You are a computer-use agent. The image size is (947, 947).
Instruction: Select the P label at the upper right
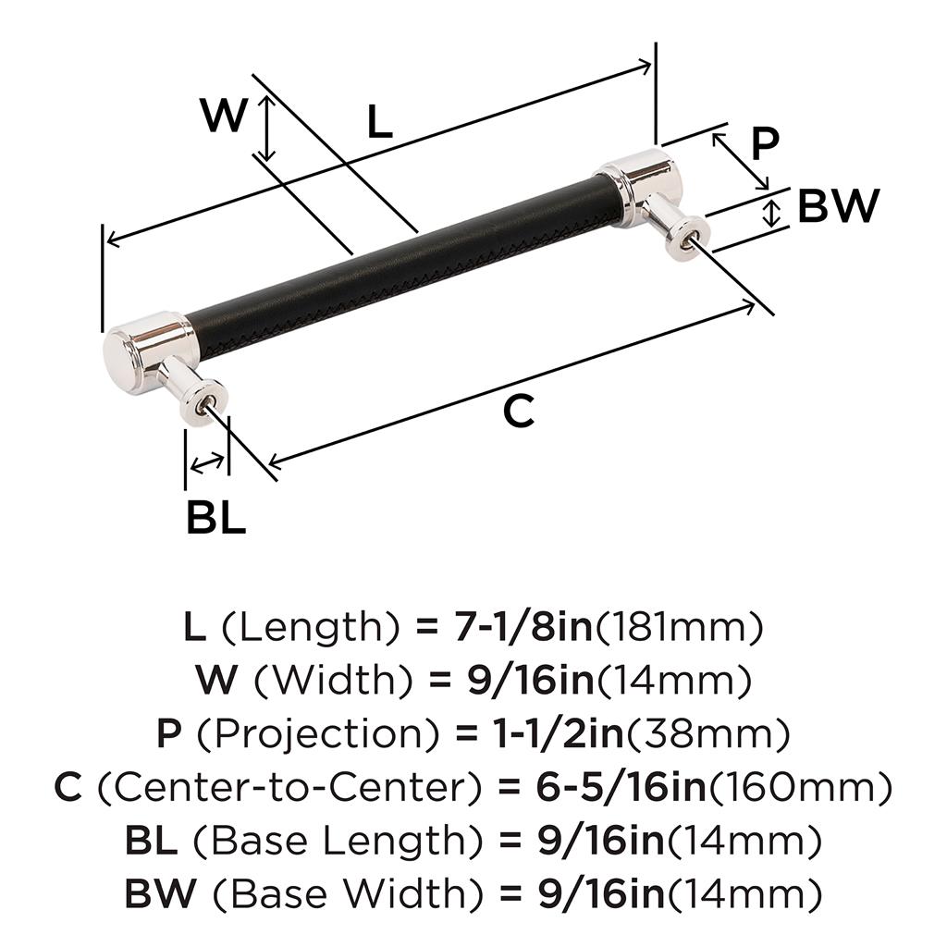click(765, 143)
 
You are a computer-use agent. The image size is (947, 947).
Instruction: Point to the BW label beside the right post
click(838, 205)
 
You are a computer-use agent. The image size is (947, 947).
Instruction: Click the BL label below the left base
click(215, 517)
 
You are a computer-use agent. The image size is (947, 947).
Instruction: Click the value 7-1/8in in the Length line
click(522, 627)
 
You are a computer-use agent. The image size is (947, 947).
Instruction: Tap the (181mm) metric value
click(680, 628)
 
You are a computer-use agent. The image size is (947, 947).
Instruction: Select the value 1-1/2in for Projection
click(559, 733)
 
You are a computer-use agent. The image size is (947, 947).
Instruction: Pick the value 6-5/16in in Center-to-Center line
click(621, 786)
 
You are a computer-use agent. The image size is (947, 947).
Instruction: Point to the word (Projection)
click(318, 734)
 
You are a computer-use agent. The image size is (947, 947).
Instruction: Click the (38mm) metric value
click(708, 734)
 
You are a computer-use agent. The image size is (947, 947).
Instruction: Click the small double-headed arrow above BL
click(207, 463)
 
